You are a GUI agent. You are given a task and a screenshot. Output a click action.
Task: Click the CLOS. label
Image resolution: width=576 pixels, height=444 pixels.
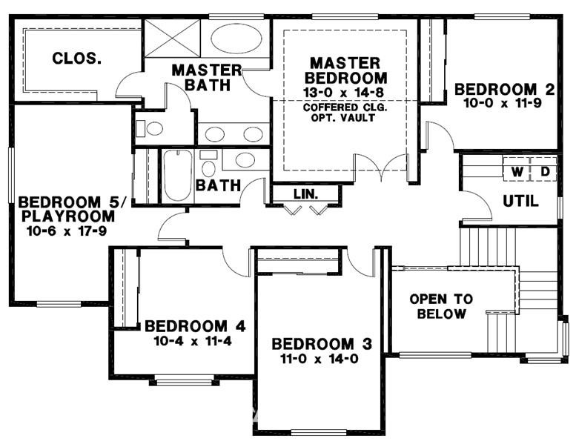coord(77,59)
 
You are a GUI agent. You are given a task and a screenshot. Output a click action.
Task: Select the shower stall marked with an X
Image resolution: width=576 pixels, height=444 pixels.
coord(172,38)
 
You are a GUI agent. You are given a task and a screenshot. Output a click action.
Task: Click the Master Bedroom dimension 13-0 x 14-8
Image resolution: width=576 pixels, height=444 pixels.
coord(343,92)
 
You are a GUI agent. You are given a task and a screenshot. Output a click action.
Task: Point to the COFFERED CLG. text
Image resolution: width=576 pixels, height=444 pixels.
coord(345,107)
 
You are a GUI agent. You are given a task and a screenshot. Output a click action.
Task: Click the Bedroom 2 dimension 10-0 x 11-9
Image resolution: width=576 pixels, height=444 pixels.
coord(503,103)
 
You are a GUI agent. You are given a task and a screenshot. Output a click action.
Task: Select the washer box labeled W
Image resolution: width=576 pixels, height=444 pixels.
coord(517,171)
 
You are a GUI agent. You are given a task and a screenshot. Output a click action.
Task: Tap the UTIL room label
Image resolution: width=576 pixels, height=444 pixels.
coord(520,201)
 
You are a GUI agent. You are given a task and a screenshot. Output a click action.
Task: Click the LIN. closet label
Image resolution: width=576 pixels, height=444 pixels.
coord(305,194)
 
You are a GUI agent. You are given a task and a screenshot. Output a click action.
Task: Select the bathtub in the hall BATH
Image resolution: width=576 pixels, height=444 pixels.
coord(178,175)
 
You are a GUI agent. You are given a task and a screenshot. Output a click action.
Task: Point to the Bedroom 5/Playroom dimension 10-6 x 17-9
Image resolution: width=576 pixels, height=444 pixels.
coord(67,231)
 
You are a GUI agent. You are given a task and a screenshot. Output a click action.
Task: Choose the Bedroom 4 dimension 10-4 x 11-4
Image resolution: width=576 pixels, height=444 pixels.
coord(193,341)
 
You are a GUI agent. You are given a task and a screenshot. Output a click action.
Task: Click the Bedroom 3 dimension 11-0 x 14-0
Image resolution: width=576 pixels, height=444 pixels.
coord(320,359)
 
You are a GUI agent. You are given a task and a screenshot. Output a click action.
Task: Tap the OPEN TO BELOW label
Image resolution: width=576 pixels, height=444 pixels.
coord(441,306)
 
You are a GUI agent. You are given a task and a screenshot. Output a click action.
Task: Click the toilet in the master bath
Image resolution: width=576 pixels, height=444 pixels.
coord(150,128)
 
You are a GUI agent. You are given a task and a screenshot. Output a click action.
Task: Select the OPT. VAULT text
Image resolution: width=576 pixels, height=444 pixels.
coord(343,118)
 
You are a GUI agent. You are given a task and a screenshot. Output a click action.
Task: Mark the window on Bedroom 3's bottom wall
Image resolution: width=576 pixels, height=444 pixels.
coord(319,432)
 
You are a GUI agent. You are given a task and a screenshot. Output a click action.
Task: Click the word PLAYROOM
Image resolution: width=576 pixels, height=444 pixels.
coord(68,216)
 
